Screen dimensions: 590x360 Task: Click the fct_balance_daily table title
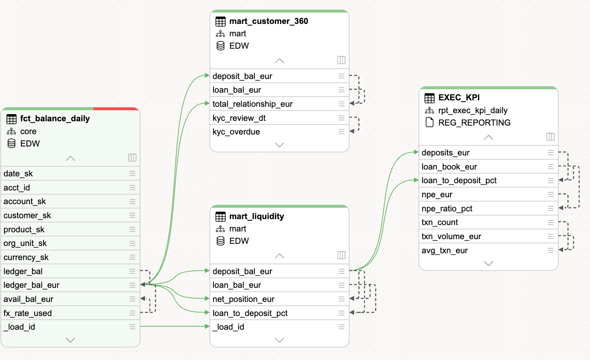pos(55,119)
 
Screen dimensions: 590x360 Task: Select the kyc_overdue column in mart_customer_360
pos(236,132)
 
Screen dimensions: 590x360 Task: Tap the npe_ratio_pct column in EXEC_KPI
pos(447,208)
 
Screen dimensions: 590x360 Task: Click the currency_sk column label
pos(26,257)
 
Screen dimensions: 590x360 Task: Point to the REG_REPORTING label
pos(474,123)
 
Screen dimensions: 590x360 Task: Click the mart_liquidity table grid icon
pos(220,217)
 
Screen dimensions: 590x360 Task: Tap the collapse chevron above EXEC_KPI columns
pos(488,138)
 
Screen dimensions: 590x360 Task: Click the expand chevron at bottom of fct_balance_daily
pos(70,340)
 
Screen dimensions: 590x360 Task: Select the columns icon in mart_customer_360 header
pos(342,60)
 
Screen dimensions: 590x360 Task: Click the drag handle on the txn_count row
pos(550,222)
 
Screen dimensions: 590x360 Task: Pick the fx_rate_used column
pos(27,313)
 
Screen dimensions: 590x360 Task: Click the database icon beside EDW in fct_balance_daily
pos(12,143)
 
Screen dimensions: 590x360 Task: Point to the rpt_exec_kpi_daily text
pos(473,110)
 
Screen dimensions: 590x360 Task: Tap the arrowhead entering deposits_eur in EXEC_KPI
pos(416,152)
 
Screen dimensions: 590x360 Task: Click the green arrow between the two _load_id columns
pos(175,326)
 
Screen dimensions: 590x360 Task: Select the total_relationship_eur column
pos(252,104)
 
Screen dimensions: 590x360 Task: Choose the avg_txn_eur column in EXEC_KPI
pos(444,250)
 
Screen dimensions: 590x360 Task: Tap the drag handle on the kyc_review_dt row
pos(342,118)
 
